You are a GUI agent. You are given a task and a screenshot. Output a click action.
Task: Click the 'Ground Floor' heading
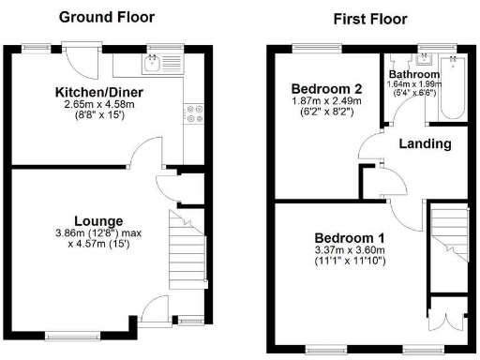[107, 17]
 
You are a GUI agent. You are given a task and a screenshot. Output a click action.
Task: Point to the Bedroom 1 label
[349, 236]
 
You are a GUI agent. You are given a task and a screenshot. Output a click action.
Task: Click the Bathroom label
[413, 74]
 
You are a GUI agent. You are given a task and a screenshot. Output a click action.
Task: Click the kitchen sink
[154, 62]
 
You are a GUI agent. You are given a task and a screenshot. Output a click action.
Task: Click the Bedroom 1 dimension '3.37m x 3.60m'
[349, 249]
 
